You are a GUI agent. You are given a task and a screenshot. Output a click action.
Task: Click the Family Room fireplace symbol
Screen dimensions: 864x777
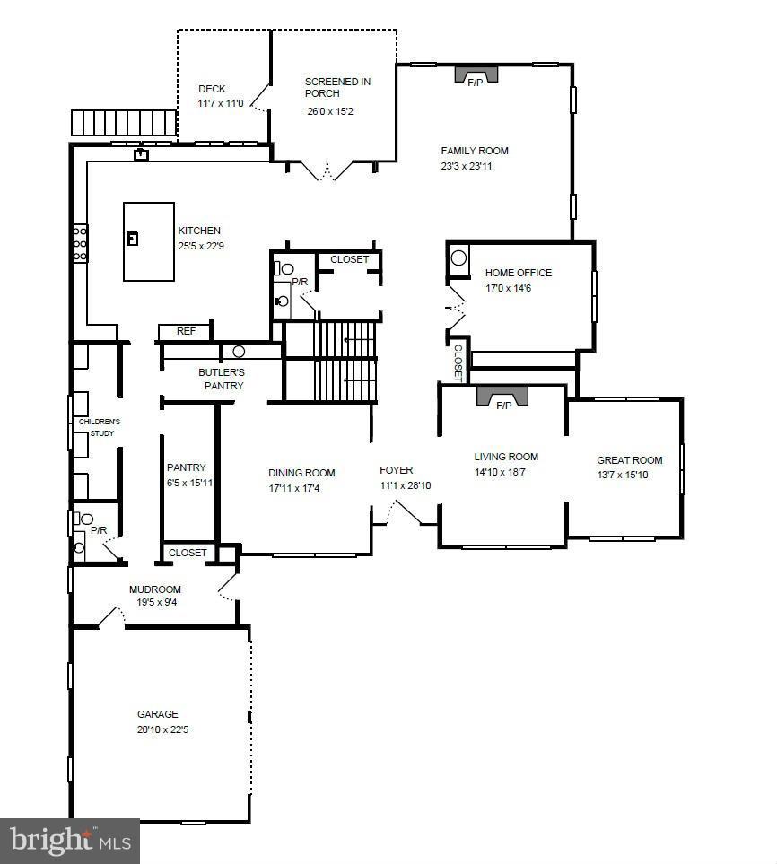pos(475,75)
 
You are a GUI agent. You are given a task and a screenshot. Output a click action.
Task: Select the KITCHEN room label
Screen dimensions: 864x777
pos(198,231)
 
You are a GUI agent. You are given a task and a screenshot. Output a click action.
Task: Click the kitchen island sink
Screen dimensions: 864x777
pos(133,239)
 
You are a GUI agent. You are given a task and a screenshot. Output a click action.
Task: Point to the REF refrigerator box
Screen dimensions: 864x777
pos(185,331)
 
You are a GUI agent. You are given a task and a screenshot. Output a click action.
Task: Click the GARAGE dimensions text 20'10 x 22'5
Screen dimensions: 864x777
pos(162,729)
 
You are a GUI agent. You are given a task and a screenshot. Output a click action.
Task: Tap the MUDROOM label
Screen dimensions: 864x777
pos(155,589)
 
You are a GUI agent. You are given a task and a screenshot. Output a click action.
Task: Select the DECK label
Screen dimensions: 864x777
pos(212,89)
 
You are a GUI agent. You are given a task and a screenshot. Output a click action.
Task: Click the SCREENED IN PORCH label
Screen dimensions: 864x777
pos(337,87)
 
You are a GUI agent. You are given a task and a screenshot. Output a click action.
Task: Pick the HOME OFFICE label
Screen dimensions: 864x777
pos(519,273)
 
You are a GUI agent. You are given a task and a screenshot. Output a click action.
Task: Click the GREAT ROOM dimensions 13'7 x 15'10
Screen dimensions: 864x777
pos(622,475)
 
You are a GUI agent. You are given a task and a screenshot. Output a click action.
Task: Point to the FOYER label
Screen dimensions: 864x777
pos(396,470)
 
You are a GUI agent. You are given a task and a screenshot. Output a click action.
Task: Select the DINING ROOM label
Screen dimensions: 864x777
pos(301,473)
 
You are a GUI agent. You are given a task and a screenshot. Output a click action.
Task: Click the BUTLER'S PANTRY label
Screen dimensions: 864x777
pos(221,379)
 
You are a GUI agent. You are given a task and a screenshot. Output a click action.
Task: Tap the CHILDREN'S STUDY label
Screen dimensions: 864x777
pos(99,427)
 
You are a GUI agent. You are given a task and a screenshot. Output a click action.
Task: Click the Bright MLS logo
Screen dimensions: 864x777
pos(69,841)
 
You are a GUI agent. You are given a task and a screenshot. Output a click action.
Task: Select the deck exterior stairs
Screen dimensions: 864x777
pos(124,122)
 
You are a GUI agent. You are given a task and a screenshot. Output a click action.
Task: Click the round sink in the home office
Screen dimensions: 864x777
pos(459,258)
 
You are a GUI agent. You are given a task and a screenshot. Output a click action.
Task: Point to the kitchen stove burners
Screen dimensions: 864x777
pos(80,243)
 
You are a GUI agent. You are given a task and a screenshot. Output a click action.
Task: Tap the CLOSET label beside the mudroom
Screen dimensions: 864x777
pos(188,553)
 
